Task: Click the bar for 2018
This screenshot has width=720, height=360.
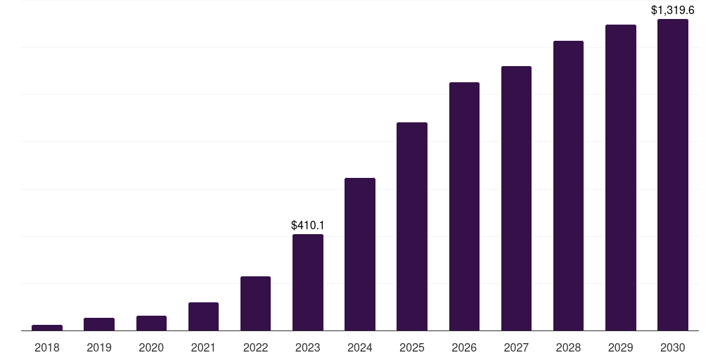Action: (x=47, y=328)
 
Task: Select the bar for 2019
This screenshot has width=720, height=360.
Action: (x=99, y=324)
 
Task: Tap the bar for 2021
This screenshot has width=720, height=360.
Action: (x=203, y=316)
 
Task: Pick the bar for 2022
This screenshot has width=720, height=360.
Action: (x=255, y=303)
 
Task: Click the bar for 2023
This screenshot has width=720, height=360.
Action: (x=308, y=282)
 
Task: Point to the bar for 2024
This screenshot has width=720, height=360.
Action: (x=360, y=254)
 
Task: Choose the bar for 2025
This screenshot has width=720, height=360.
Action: (x=412, y=226)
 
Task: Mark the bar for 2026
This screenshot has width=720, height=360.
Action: (x=464, y=206)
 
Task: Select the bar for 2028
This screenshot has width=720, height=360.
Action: (x=568, y=186)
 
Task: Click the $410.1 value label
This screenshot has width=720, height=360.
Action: (x=308, y=226)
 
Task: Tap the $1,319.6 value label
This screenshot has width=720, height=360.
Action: (x=673, y=11)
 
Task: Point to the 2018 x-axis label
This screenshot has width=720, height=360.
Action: (x=47, y=347)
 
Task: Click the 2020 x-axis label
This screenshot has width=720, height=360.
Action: (x=151, y=347)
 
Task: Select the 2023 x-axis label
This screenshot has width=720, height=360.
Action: (x=308, y=347)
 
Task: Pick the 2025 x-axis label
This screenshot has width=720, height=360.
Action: (x=412, y=347)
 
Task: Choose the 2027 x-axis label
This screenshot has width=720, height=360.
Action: (x=516, y=347)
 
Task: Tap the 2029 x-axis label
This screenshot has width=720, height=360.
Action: (x=621, y=347)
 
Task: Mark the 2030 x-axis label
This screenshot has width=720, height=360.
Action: (x=673, y=347)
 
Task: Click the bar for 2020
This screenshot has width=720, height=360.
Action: (x=151, y=323)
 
